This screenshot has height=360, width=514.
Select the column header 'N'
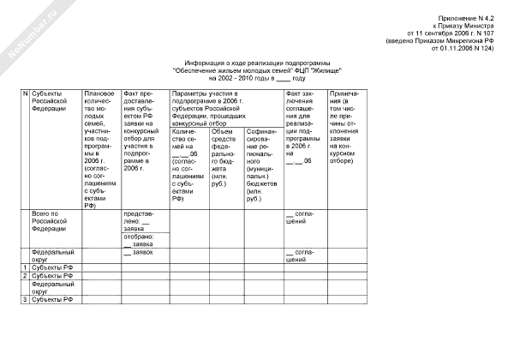pyautogui.click(x=25, y=92)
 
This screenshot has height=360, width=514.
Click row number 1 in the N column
pyautogui.click(x=25, y=268)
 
